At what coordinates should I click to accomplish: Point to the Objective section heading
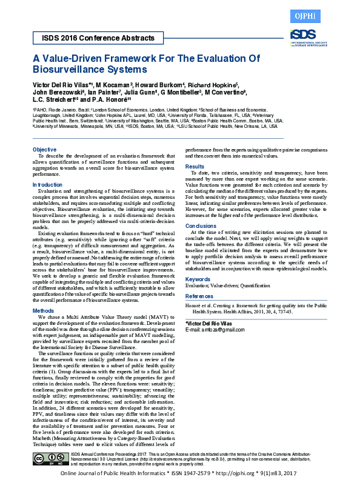pos(44,149)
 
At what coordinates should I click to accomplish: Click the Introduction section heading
pos(47,184)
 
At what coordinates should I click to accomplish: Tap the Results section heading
pos(195,166)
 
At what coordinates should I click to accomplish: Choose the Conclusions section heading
pos(200,225)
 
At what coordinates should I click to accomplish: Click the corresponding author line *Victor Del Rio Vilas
pos(208,322)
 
